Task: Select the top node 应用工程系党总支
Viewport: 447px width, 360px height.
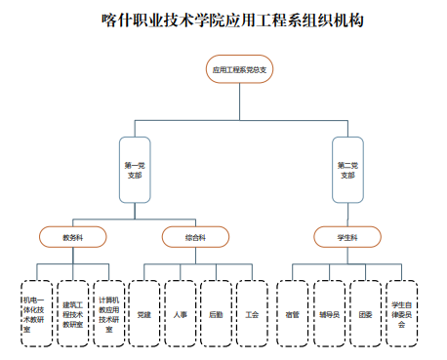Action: [239, 70]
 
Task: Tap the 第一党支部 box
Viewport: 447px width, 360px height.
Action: [134, 170]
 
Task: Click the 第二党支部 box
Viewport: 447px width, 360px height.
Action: [347, 170]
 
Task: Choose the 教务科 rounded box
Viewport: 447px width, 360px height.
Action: [72, 236]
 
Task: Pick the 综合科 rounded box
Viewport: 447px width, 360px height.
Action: [195, 236]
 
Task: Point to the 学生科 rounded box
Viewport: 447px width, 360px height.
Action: [347, 236]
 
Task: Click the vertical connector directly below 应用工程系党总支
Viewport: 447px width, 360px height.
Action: [239, 101]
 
